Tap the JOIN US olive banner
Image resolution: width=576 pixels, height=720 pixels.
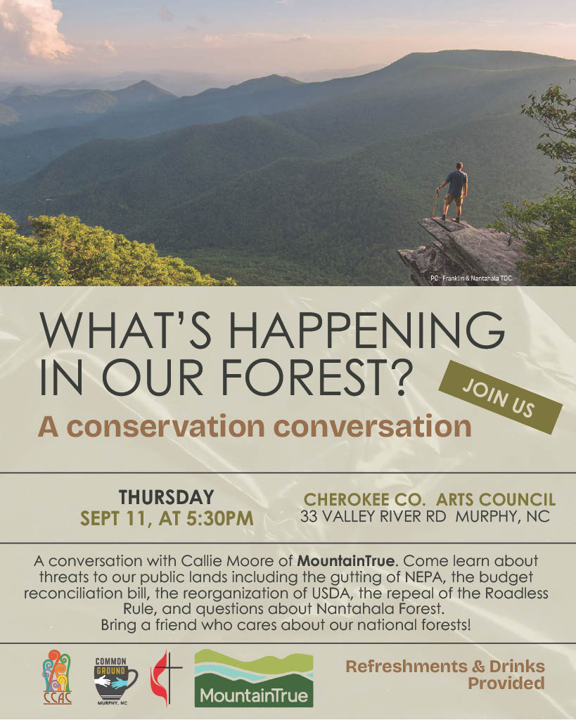[500, 397]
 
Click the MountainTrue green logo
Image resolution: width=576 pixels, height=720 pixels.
[254, 679]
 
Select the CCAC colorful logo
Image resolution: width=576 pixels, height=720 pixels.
[57, 677]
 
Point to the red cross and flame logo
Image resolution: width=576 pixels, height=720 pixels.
[166, 678]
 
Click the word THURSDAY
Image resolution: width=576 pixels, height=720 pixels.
[166, 497]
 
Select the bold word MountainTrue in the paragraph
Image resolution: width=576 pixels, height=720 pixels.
[346, 560]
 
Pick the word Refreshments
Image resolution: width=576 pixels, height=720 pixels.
[406, 667]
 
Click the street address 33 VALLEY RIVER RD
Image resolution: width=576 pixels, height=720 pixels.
[373, 517]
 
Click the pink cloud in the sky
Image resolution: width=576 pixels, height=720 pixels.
[32, 30]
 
